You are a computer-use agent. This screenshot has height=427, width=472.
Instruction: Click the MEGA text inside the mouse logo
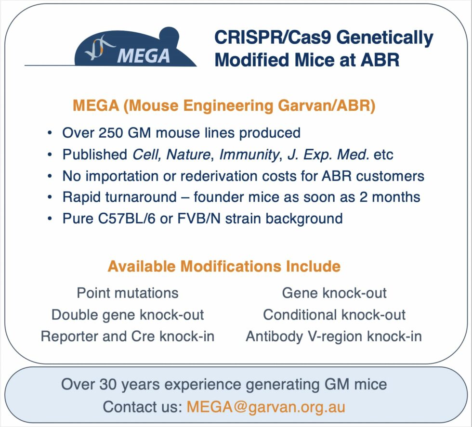coord(144,55)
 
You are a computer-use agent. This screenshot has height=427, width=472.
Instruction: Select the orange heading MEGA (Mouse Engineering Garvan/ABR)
coord(223,105)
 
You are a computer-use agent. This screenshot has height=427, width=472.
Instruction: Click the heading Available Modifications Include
coord(223,266)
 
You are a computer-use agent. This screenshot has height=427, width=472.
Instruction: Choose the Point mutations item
coord(128,293)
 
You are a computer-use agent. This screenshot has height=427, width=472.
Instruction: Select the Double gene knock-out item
coord(128,315)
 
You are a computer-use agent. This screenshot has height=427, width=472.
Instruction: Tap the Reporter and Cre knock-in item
coord(128,336)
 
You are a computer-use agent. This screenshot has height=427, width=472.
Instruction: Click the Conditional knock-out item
coord(334,315)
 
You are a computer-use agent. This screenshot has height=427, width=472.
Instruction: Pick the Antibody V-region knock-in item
coord(334,336)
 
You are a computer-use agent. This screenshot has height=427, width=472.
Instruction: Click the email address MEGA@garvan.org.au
coord(266,406)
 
